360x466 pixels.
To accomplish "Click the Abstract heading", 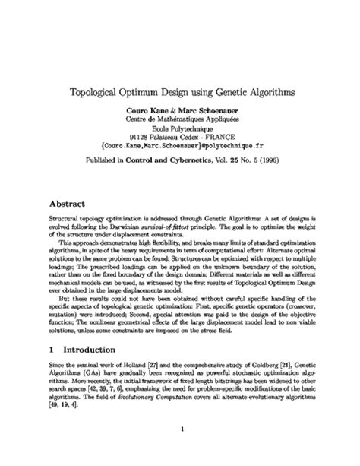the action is tap(67, 204).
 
